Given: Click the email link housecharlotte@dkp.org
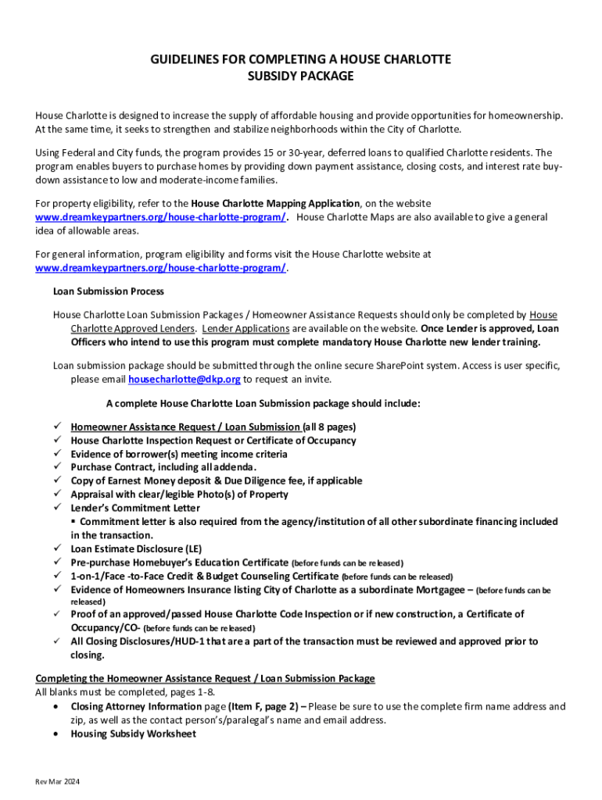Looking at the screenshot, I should (x=184, y=380).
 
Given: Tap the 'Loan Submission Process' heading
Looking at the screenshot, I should (x=108, y=291).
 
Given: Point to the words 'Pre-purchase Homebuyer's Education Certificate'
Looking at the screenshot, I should (x=179, y=562).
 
